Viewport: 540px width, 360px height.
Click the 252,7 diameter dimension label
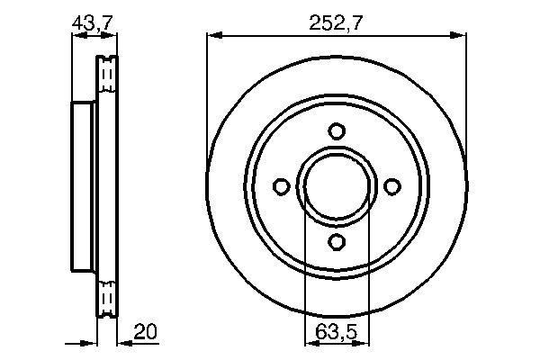(336, 23)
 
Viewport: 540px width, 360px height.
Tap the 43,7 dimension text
(93, 23)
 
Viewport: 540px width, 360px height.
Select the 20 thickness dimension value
(145, 331)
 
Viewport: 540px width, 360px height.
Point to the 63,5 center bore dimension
(337, 332)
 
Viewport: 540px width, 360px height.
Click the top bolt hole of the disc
(337, 130)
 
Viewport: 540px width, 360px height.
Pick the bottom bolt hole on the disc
(337, 241)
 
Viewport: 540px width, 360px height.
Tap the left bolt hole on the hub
(282, 186)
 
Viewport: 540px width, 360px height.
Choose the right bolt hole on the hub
(391, 186)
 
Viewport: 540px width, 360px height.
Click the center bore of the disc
(337, 186)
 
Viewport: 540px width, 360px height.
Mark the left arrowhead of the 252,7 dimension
(214, 35)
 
